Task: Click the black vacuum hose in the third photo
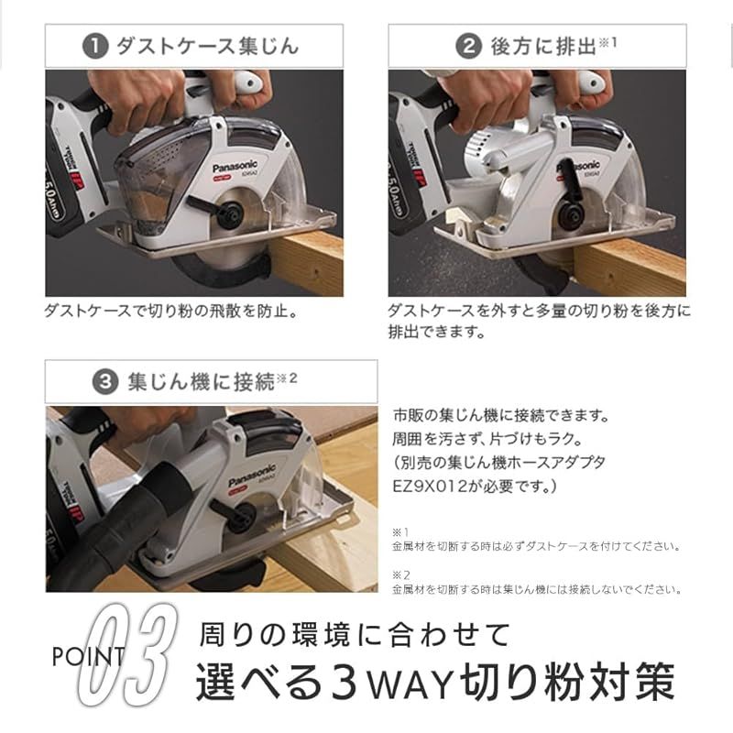(x=92, y=531)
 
